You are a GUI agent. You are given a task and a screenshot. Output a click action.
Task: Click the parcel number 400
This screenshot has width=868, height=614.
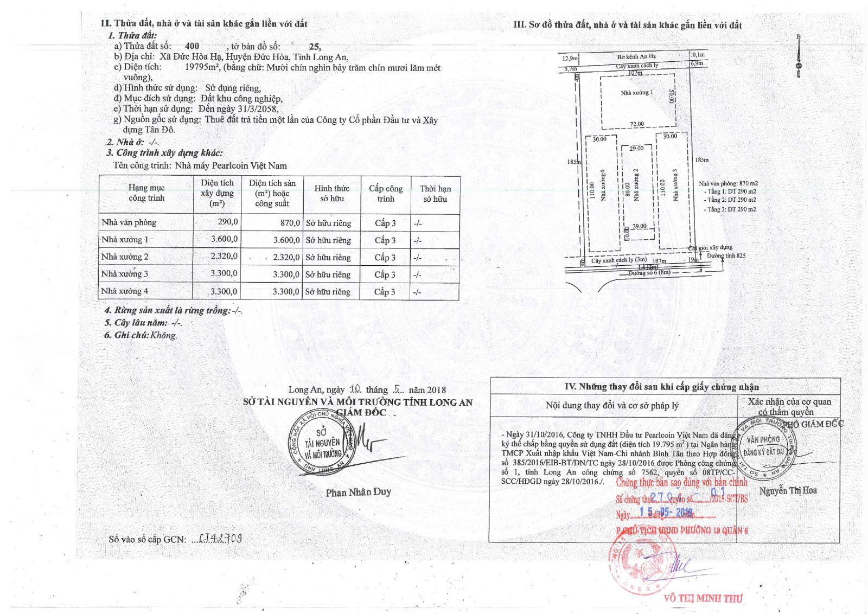(x=192, y=47)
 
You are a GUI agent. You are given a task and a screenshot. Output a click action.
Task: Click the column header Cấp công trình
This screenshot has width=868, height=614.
(x=386, y=194)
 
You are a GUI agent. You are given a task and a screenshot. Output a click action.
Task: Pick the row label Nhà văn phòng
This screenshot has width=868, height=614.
(x=129, y=222)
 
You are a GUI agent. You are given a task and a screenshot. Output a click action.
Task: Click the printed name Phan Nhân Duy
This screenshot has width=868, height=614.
(x=358, y=493)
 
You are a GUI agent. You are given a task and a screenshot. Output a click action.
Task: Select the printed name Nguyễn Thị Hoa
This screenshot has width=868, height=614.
(x=788, y=490)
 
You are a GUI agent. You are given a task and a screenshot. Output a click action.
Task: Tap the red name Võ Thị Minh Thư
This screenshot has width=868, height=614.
(x=703, y=598)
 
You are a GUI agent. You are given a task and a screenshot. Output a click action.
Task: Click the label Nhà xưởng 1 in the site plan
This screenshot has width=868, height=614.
(x=637, y=93)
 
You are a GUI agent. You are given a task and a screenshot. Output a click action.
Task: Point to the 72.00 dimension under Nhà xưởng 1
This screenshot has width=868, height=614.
(x=637, y=124)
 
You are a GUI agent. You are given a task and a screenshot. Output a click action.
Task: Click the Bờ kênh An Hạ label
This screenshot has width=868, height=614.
(x=636, y=56)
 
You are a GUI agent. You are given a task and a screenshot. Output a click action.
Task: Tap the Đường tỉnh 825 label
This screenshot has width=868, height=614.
(x=726, y=256)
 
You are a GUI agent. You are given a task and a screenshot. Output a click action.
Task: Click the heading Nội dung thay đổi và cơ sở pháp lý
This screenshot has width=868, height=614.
(x=612, y=406)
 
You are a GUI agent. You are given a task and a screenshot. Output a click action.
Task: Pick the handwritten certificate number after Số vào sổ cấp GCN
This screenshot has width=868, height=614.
(x=220, y=539)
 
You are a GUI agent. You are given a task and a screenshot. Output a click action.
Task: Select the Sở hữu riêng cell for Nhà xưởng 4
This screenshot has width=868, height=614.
(x=328, y=292)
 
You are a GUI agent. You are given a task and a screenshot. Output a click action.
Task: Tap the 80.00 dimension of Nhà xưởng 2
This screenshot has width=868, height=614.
(x=628, y=190)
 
